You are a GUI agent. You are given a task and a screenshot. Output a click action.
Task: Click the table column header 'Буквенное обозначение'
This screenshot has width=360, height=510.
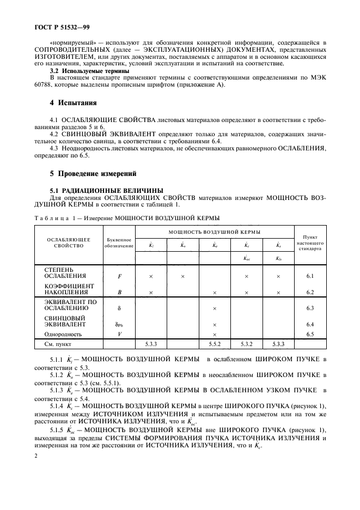119,242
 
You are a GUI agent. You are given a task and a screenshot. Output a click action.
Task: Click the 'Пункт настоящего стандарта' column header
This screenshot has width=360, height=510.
310,242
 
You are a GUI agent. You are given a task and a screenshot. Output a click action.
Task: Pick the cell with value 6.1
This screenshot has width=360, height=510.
310,276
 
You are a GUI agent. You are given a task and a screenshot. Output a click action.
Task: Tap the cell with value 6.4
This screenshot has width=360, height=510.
310,324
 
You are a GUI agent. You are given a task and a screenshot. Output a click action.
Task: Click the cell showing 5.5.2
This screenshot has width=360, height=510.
215,344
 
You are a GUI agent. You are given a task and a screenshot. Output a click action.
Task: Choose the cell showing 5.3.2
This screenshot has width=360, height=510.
247,344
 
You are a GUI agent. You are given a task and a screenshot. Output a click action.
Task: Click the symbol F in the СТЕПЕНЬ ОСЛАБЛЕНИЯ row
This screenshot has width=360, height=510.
119,276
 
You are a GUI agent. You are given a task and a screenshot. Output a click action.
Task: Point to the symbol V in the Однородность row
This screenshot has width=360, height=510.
119,334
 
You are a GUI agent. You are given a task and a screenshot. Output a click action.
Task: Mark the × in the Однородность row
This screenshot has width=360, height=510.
215,334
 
